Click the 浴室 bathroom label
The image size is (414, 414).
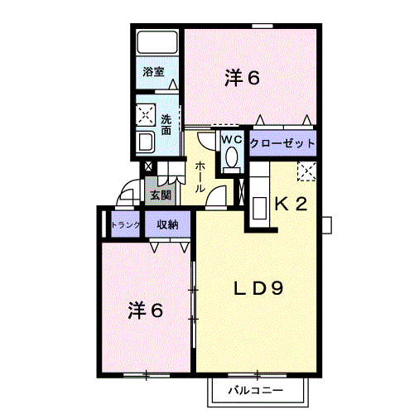coord(153,72)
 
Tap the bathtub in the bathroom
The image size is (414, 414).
coord(157,42)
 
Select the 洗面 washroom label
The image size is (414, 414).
coord(166,124)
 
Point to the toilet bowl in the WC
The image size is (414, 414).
coord(231,156)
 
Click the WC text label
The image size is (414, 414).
coord(232,140)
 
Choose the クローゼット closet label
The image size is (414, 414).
coord(282,143)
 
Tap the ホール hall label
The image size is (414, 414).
coord(200,177)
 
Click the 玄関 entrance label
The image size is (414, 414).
coord(161,195)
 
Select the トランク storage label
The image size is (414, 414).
coord(126,225)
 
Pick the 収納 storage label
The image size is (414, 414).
coord(167,225)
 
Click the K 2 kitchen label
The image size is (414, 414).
coord(291,205)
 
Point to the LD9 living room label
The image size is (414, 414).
coord(258,289)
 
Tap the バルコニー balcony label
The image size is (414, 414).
coord(256,390)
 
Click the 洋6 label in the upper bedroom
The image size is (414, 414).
coord(242,78)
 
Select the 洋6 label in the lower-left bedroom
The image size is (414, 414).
coord(145,310)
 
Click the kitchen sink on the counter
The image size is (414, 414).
coord(259,208)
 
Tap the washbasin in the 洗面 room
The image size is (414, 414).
coord(146,142)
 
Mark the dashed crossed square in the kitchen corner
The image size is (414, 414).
coord(306,171)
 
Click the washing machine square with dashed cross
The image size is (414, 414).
coord(146,115)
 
